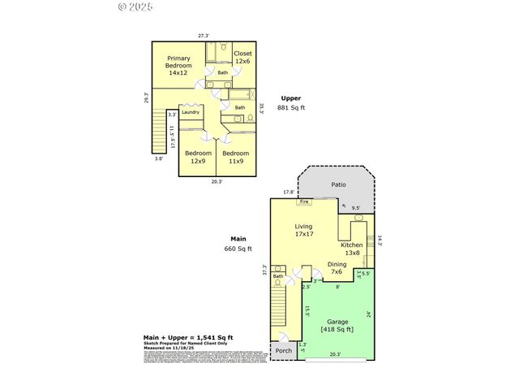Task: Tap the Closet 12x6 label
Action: point(243,58)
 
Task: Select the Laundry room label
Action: point(191,112)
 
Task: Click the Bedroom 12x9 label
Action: point(198,157)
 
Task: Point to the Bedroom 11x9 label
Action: point(236,157)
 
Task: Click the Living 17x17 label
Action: point(303,230)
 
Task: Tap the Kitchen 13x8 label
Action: point(351,249)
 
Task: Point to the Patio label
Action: point(338,184)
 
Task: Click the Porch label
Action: point(284,351)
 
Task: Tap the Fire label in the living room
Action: point(305,201)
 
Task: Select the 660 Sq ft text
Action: point(239,249)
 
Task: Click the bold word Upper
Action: point(290,97)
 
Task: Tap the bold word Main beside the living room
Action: point(238,239)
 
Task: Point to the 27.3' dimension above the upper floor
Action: point(204,36)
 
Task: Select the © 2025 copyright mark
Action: point(135,7)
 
